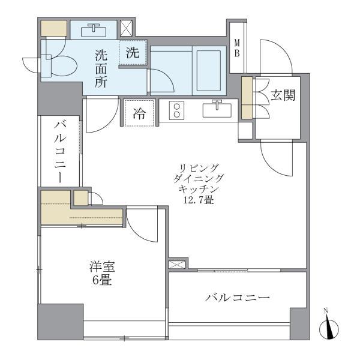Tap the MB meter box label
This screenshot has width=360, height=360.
237,47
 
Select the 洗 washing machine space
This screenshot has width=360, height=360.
133,53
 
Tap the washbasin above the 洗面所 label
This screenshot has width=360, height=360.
93,29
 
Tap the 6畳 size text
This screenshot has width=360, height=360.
100,280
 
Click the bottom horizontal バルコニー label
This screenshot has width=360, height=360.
237,298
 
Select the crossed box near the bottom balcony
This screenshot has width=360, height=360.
176,264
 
